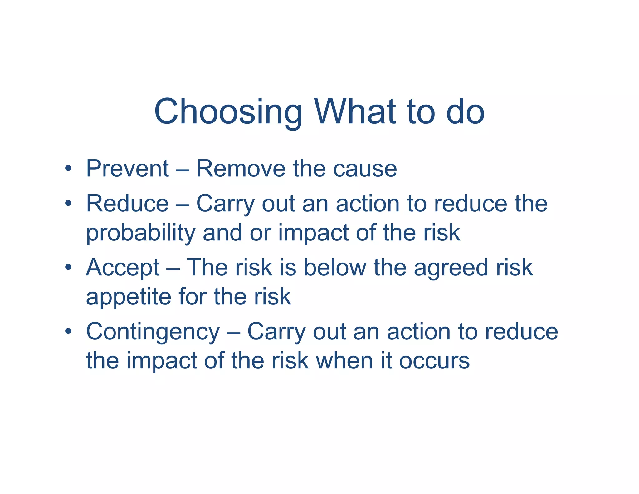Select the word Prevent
[127, 169]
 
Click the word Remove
[241, 169]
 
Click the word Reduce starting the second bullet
[127, 204]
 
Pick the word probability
[141, 234]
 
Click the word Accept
[123, 268]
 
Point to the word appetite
[128, 297]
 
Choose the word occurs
[434, 361]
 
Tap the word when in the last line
[344, 361]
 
